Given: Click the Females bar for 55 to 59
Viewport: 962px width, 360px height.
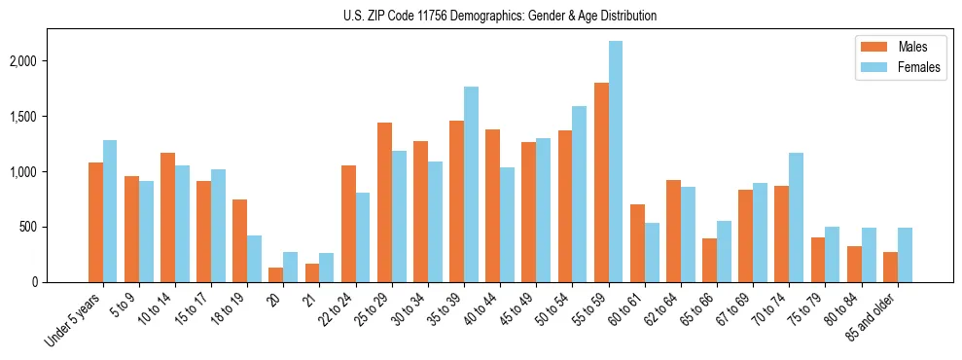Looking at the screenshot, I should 616,162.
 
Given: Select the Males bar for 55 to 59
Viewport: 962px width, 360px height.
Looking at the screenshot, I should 601,183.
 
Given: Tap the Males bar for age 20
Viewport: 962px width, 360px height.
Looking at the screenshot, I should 276,275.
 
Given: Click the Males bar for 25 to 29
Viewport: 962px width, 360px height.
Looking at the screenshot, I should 384,202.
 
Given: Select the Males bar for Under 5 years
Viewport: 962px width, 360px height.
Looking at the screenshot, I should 95,223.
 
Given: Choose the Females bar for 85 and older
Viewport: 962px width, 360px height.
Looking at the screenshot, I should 905,255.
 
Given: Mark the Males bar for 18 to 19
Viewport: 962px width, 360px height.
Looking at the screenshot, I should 240,241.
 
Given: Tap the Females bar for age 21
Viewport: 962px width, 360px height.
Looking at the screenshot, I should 327,268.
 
